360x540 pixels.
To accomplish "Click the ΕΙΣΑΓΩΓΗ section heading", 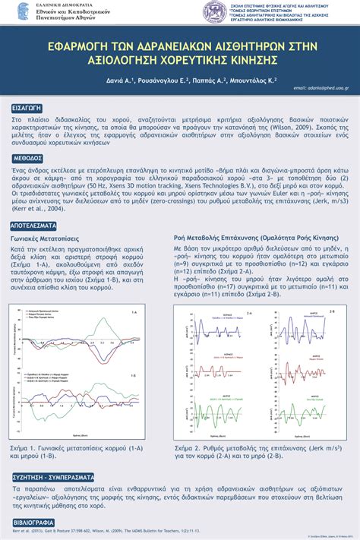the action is point(27,108).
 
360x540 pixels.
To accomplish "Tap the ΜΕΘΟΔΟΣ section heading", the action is point(27,159).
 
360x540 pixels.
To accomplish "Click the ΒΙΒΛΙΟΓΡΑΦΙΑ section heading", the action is point(33,523).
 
